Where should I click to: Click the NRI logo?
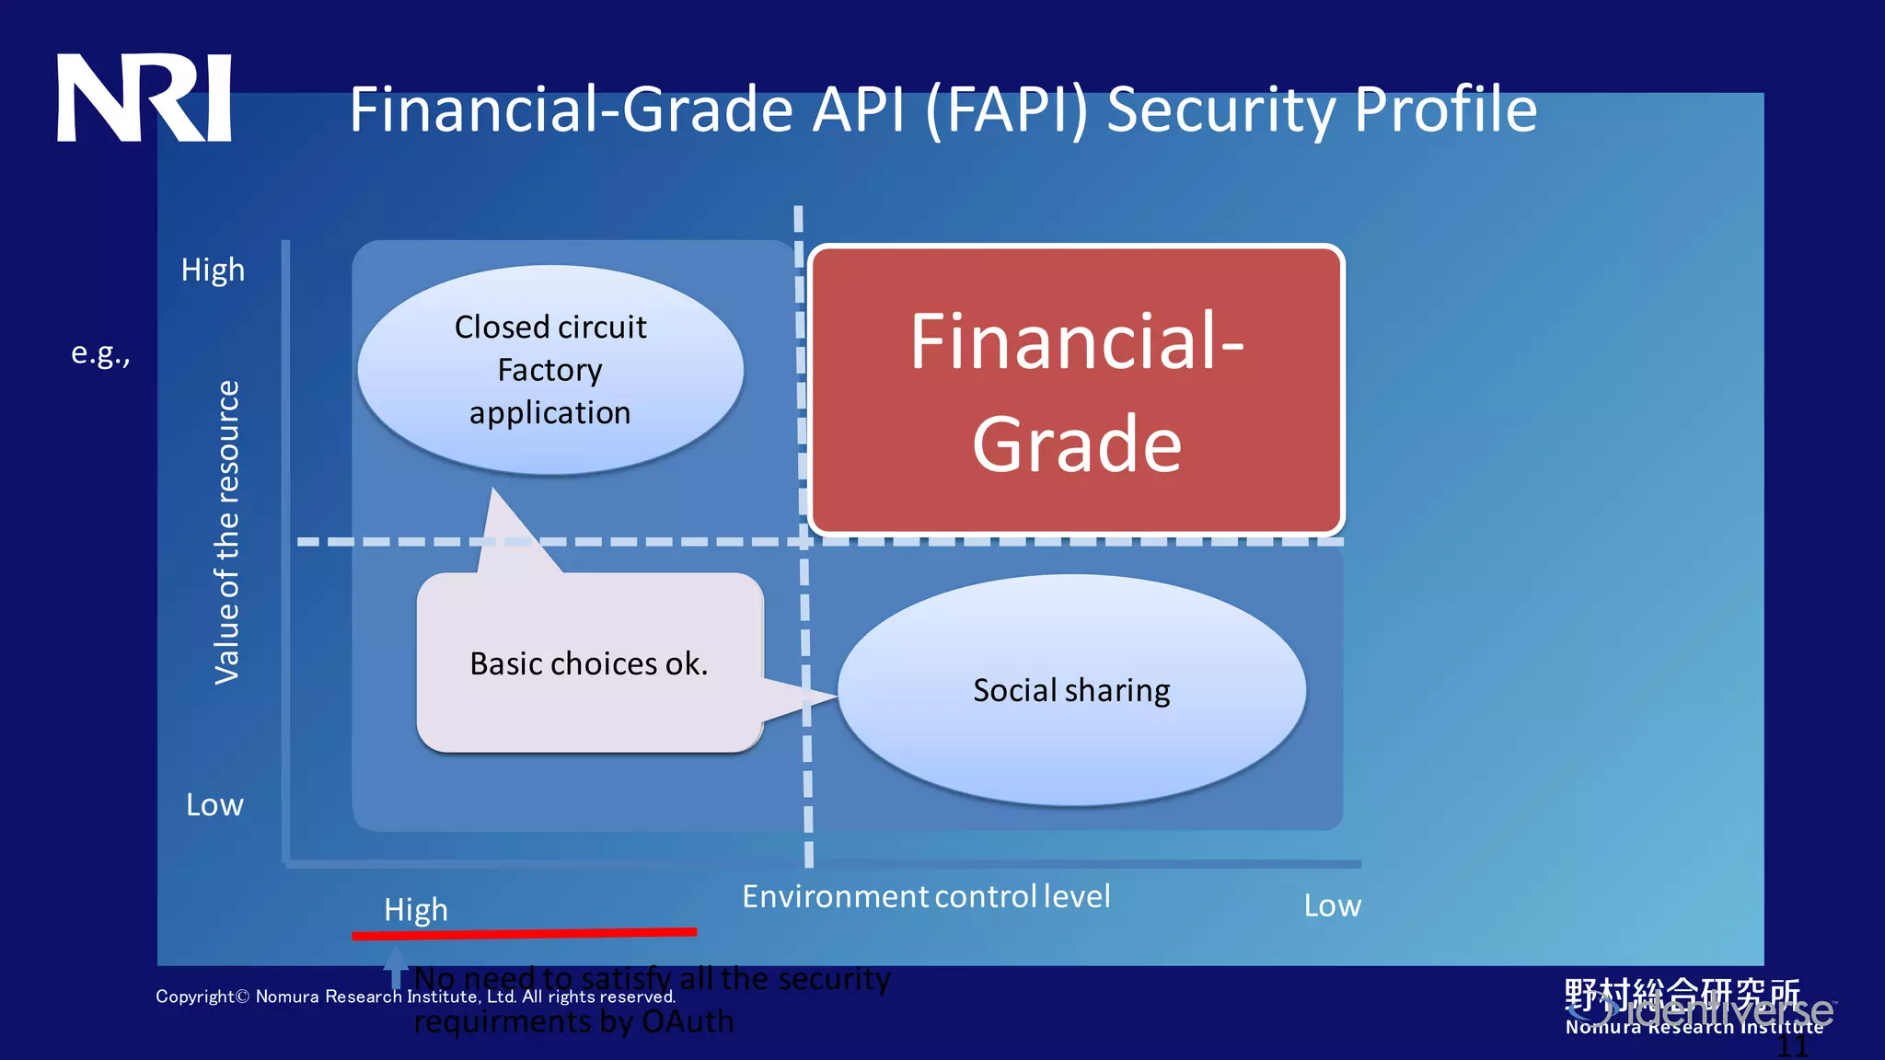(x=145, y=98)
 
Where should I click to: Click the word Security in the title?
(x=1220, y=109)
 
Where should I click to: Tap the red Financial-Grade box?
(x=1076, y=390)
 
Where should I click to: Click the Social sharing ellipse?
(x=1071, y=690)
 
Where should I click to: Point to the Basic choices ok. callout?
(x=589, y=663)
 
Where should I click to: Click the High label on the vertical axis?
(x=213, y=270)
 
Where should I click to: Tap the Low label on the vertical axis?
(x=214, y=805)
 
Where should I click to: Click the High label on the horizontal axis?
(x=416, y=910)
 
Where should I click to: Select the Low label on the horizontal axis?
(x=1332, y=906)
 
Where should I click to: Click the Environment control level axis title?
(x=926, y=896)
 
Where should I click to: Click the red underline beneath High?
(x=524, y=934)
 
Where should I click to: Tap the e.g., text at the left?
(x=100, y=353)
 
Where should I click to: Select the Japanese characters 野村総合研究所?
(x=1682, y=994)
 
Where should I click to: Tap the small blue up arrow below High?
(x=396, y=966)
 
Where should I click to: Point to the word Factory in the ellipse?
(x=549, y=370)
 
